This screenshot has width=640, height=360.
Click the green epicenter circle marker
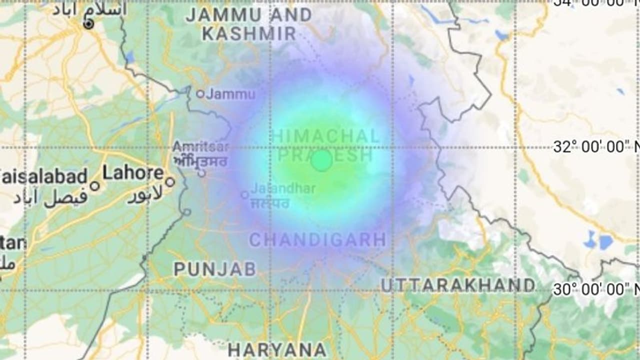click(x=321, y=161)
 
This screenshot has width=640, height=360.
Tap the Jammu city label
click(x=231, y=93)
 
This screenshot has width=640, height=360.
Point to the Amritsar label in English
click(x=200, y=147)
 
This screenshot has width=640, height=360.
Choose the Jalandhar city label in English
click(x=283, y=188)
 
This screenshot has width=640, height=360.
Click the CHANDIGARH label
click(x=317, y=240)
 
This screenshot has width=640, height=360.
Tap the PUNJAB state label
click(x=215, y=269)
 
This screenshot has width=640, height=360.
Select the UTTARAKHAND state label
click(x=458, y=285)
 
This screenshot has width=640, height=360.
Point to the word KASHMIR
click(x=249, y=33)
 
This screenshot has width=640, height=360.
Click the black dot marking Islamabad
click(x=88, y=24)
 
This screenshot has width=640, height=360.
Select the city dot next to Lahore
click(x=170, y=182)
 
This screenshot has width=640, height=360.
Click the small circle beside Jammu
click(x=200, y=93)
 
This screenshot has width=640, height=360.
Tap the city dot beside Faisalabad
click(x=94, y=186)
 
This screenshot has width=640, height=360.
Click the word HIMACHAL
click(x=325, y=135)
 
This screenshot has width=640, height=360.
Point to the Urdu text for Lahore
click(x=144, y=195)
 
